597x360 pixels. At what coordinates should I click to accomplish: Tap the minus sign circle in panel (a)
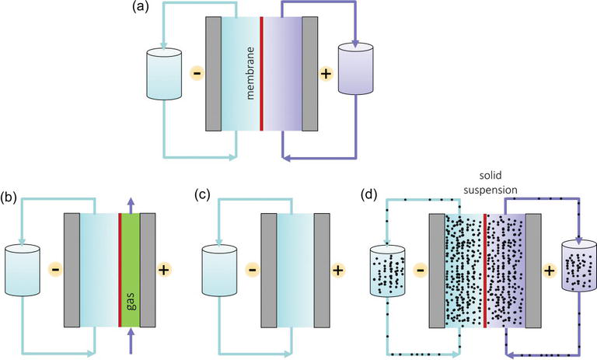tap(197, 75)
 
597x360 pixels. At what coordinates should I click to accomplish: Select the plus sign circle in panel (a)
tap(326, 75)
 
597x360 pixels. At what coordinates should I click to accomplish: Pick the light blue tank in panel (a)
tap(164, 75)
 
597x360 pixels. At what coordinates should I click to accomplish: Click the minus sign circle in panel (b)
tap(55, 271)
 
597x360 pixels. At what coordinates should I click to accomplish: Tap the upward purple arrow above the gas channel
tap(130, 202)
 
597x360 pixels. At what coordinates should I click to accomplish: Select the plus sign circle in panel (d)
tap(549, 271)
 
